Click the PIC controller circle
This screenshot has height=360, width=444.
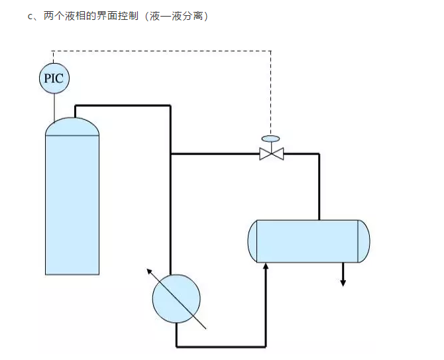(x=54, y=79)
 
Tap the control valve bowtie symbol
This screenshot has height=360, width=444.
(x=271, y=154)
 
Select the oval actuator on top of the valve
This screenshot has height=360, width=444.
(x=271, y=139)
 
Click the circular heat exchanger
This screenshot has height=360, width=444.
(x=176, y=298)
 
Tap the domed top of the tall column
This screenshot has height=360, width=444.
(x=72, y=126)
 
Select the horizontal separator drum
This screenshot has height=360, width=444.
(x=309, y=241)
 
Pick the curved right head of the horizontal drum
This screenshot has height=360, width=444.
(x=364, y=241)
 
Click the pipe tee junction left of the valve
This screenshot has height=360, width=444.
(x=172, y=154)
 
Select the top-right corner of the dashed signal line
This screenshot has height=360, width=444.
(x=271, y=50)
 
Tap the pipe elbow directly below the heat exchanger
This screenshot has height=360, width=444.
(x=176, y=345)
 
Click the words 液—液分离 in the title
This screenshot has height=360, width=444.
(x=181, y=17)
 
